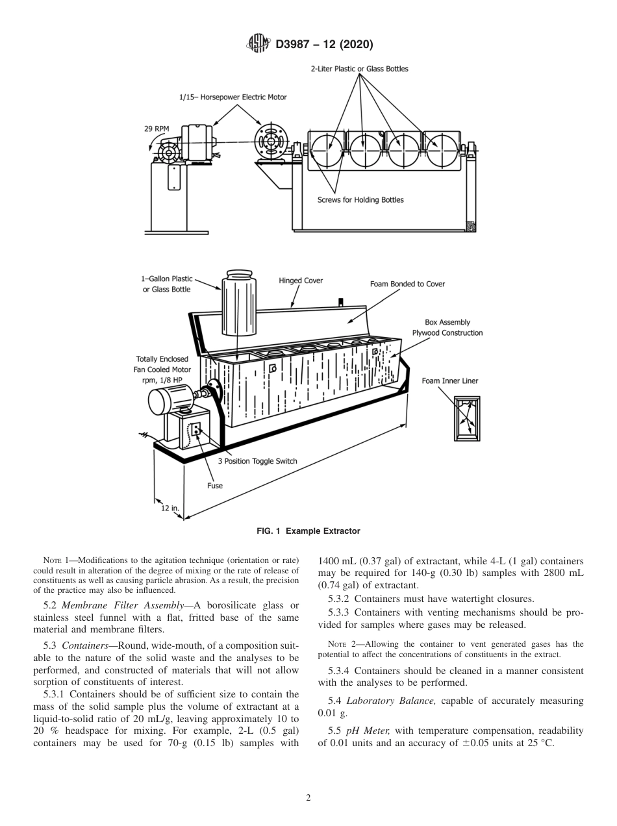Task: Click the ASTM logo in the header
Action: tap(258, 44)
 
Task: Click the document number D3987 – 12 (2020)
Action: tap(320, 44)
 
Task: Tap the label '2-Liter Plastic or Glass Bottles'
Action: tap(359, 68)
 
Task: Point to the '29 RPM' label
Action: tap(157, 129)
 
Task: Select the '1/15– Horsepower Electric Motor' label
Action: tap(233, 97)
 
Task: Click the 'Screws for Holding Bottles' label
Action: tap(360, 199)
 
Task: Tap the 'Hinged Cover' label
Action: tap(301, 281)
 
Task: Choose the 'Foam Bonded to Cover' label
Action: tap(407, 284)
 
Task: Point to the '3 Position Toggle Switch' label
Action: tap(257, 461)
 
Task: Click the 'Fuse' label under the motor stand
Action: tap(215, 485)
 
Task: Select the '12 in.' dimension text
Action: tap(170, 508)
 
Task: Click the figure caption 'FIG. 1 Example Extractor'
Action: tap(308, 531)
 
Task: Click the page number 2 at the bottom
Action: tap(308, 798)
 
